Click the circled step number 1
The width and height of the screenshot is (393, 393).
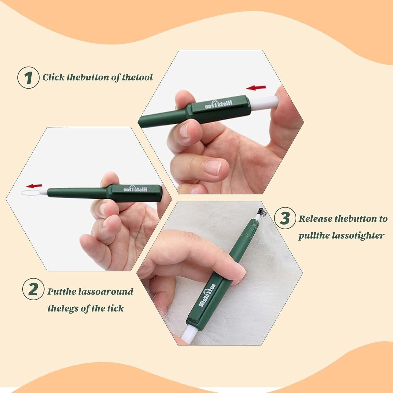point(28,78)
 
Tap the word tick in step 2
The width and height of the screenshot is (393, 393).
point(115,308)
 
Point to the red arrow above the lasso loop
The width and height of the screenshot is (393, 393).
point(35,186)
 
